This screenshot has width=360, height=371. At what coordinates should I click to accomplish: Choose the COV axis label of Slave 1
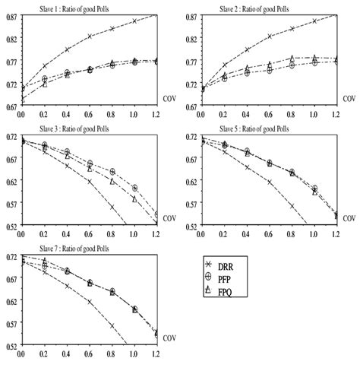pyautogui.click(x=169, y=99)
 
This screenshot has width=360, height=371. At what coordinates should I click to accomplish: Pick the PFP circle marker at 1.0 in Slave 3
pyautogui.click(x=135, y=188)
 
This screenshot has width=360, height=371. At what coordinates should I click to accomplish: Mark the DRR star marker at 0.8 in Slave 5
pyautogui.click(x=292, y=206)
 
